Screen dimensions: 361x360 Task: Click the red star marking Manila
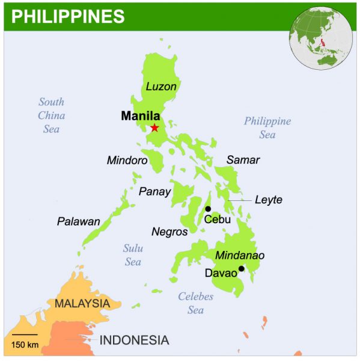pyautogui.click(x=154, y=128)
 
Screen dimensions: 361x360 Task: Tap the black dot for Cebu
pyautogui.click(x=208, y=209)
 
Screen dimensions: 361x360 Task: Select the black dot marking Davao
pyautogui.click(x=241, y=268)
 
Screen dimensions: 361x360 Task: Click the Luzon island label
pyautogui.click(x=161, y=87)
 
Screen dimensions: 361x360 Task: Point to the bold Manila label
pyautogui.click(x=140, y=116)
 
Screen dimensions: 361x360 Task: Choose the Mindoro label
pyautogui.click(x=127, y=161)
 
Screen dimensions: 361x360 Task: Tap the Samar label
pyautogui.click(x=243, y=160)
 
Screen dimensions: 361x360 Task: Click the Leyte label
pyautogui.click(x=268, y=200)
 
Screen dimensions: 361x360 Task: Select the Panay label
pyautogui.click(x=155, y=192)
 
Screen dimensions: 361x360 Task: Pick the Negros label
pyautogui.click(x=169, y=232)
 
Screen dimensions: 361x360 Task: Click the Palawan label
pyautogui.click(x=79, y=221)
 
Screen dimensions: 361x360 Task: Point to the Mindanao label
pyautogui.click(x=240, y=256)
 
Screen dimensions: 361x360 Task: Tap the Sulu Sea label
pyautogui.click(x=133, y=255)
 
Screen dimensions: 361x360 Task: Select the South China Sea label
pyautogui.click(x=51, y=116)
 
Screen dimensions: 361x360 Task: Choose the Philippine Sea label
pyautogui.click(x=267, y=128)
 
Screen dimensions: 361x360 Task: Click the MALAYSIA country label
pyautogui.click(x=82, y=303)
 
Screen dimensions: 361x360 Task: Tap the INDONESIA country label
pyautogui.click(x=134, y=340)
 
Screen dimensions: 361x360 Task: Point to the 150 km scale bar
pyautogui.click(x=25, y=335)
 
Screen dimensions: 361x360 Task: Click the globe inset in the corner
pyautogui.click(x=323, y=36)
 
